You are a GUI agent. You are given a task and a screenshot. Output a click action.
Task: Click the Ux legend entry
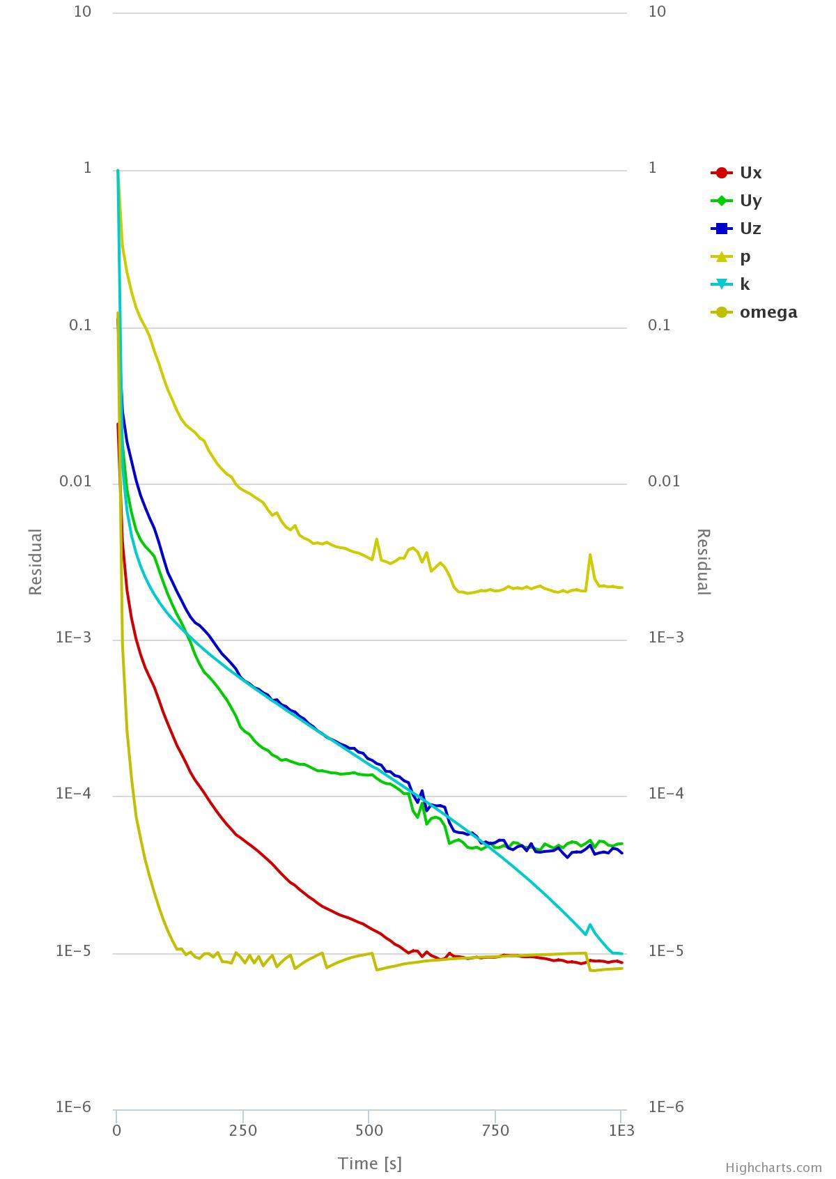pos(750,173)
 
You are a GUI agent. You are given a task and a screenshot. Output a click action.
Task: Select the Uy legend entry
pos(750,201)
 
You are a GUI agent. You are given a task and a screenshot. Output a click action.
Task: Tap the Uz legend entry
pos(750,229)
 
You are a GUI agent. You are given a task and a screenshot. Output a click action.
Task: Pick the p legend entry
pos(745,256)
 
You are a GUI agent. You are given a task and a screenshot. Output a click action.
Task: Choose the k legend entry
pos(745,284)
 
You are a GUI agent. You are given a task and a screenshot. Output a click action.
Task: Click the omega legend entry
pos(768,312)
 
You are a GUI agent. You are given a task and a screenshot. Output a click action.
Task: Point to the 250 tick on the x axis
pos(243,1130)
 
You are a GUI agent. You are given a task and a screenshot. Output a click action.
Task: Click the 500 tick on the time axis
pos(369,1130)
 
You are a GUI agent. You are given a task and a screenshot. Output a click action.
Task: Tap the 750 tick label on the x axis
pos(495,1130)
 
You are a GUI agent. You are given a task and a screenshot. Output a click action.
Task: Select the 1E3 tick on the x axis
pos(621,1130)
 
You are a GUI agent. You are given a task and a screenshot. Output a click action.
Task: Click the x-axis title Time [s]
pos(370,1163)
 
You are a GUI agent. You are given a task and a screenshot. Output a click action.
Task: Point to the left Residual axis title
pos(36,562)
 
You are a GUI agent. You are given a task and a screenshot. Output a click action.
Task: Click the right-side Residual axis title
pos(704,562)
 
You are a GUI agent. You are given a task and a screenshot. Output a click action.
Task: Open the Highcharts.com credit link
pos(773,1168)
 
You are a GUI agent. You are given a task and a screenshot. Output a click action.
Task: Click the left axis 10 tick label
pos(83,12)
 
